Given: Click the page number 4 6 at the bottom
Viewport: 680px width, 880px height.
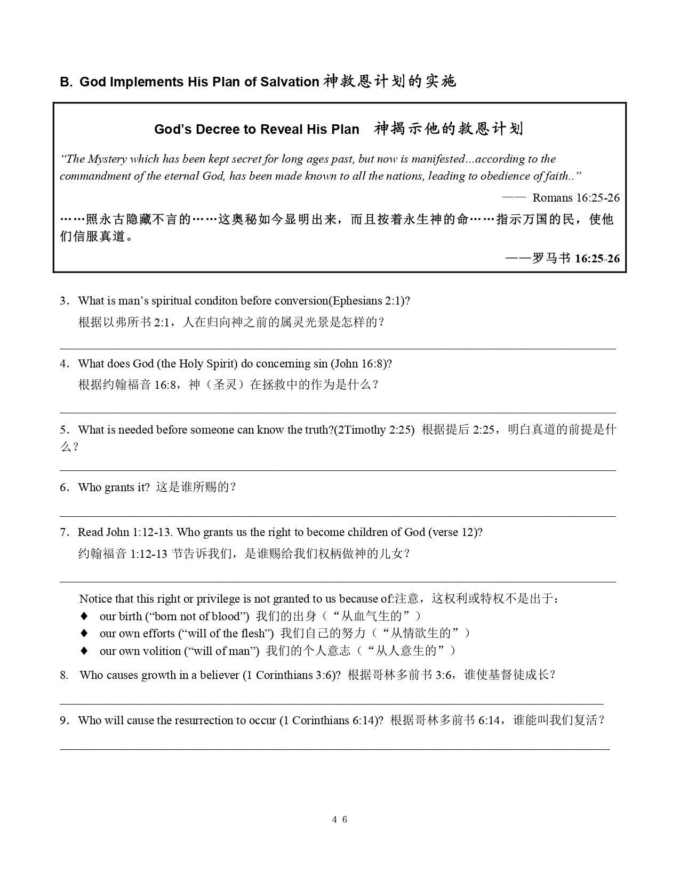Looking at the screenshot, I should click(x=339, y=819).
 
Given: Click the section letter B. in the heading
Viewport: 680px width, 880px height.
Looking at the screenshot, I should click(x=66, y=82).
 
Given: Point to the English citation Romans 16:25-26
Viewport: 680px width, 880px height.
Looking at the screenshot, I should click(x=576, y=198).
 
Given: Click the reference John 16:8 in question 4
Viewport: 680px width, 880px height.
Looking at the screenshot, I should click(x=359, y=364).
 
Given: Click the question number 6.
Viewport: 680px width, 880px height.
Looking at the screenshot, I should click(x=64, y=487).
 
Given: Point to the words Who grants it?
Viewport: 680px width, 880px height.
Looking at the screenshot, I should click(x=114, y=487).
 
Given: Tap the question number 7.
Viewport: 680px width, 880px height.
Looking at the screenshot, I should click(x=64, y=532).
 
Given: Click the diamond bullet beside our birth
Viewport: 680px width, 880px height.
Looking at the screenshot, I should click(x=84, y=617).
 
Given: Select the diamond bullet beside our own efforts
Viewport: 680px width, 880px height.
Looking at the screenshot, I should click(x=84, y=634).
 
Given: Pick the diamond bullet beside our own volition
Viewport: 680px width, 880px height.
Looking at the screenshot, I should click(x=84, y=651).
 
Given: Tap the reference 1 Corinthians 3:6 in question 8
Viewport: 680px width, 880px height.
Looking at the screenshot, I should click(x=290, y=675).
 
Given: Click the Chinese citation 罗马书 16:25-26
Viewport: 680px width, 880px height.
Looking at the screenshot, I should click(x=576, y=259).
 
